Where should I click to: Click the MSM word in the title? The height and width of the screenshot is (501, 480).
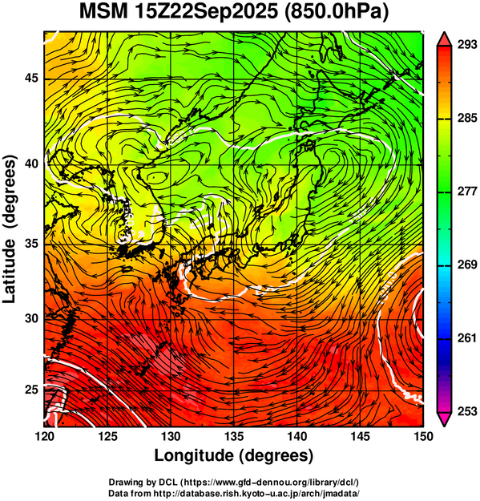pos(103,12)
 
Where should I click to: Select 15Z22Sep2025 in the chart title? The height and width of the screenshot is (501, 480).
pos(206,13)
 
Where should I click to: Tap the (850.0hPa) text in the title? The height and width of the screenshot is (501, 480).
pos(336,13)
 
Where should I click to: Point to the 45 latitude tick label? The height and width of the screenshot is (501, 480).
pos(31,78)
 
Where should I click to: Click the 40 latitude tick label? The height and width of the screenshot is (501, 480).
pos(31,164)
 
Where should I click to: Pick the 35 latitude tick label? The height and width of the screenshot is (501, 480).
pos(31,244)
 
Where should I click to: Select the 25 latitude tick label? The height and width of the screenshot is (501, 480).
pos(31,390)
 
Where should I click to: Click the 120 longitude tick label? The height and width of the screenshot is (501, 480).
pos(44,436)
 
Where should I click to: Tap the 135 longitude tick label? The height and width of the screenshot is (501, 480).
pos(234,436)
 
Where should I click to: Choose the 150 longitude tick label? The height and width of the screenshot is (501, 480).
pos(422,436)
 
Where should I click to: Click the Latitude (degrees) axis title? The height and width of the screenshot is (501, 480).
pos(10,229)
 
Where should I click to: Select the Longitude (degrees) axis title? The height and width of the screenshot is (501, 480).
pos(234,455)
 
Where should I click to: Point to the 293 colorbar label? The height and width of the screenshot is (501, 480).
pos(467,45)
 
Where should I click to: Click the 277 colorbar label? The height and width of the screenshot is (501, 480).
pos(467,192)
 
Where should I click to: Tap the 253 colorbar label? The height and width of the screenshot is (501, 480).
pos(467,411)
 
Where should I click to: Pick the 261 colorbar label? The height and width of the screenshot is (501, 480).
pos(467,338)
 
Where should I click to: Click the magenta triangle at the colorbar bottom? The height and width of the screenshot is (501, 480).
pos(444,418)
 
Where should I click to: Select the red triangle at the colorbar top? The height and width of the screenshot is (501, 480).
pos(444,40)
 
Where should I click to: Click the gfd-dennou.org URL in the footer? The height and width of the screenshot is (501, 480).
pos(270,482)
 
